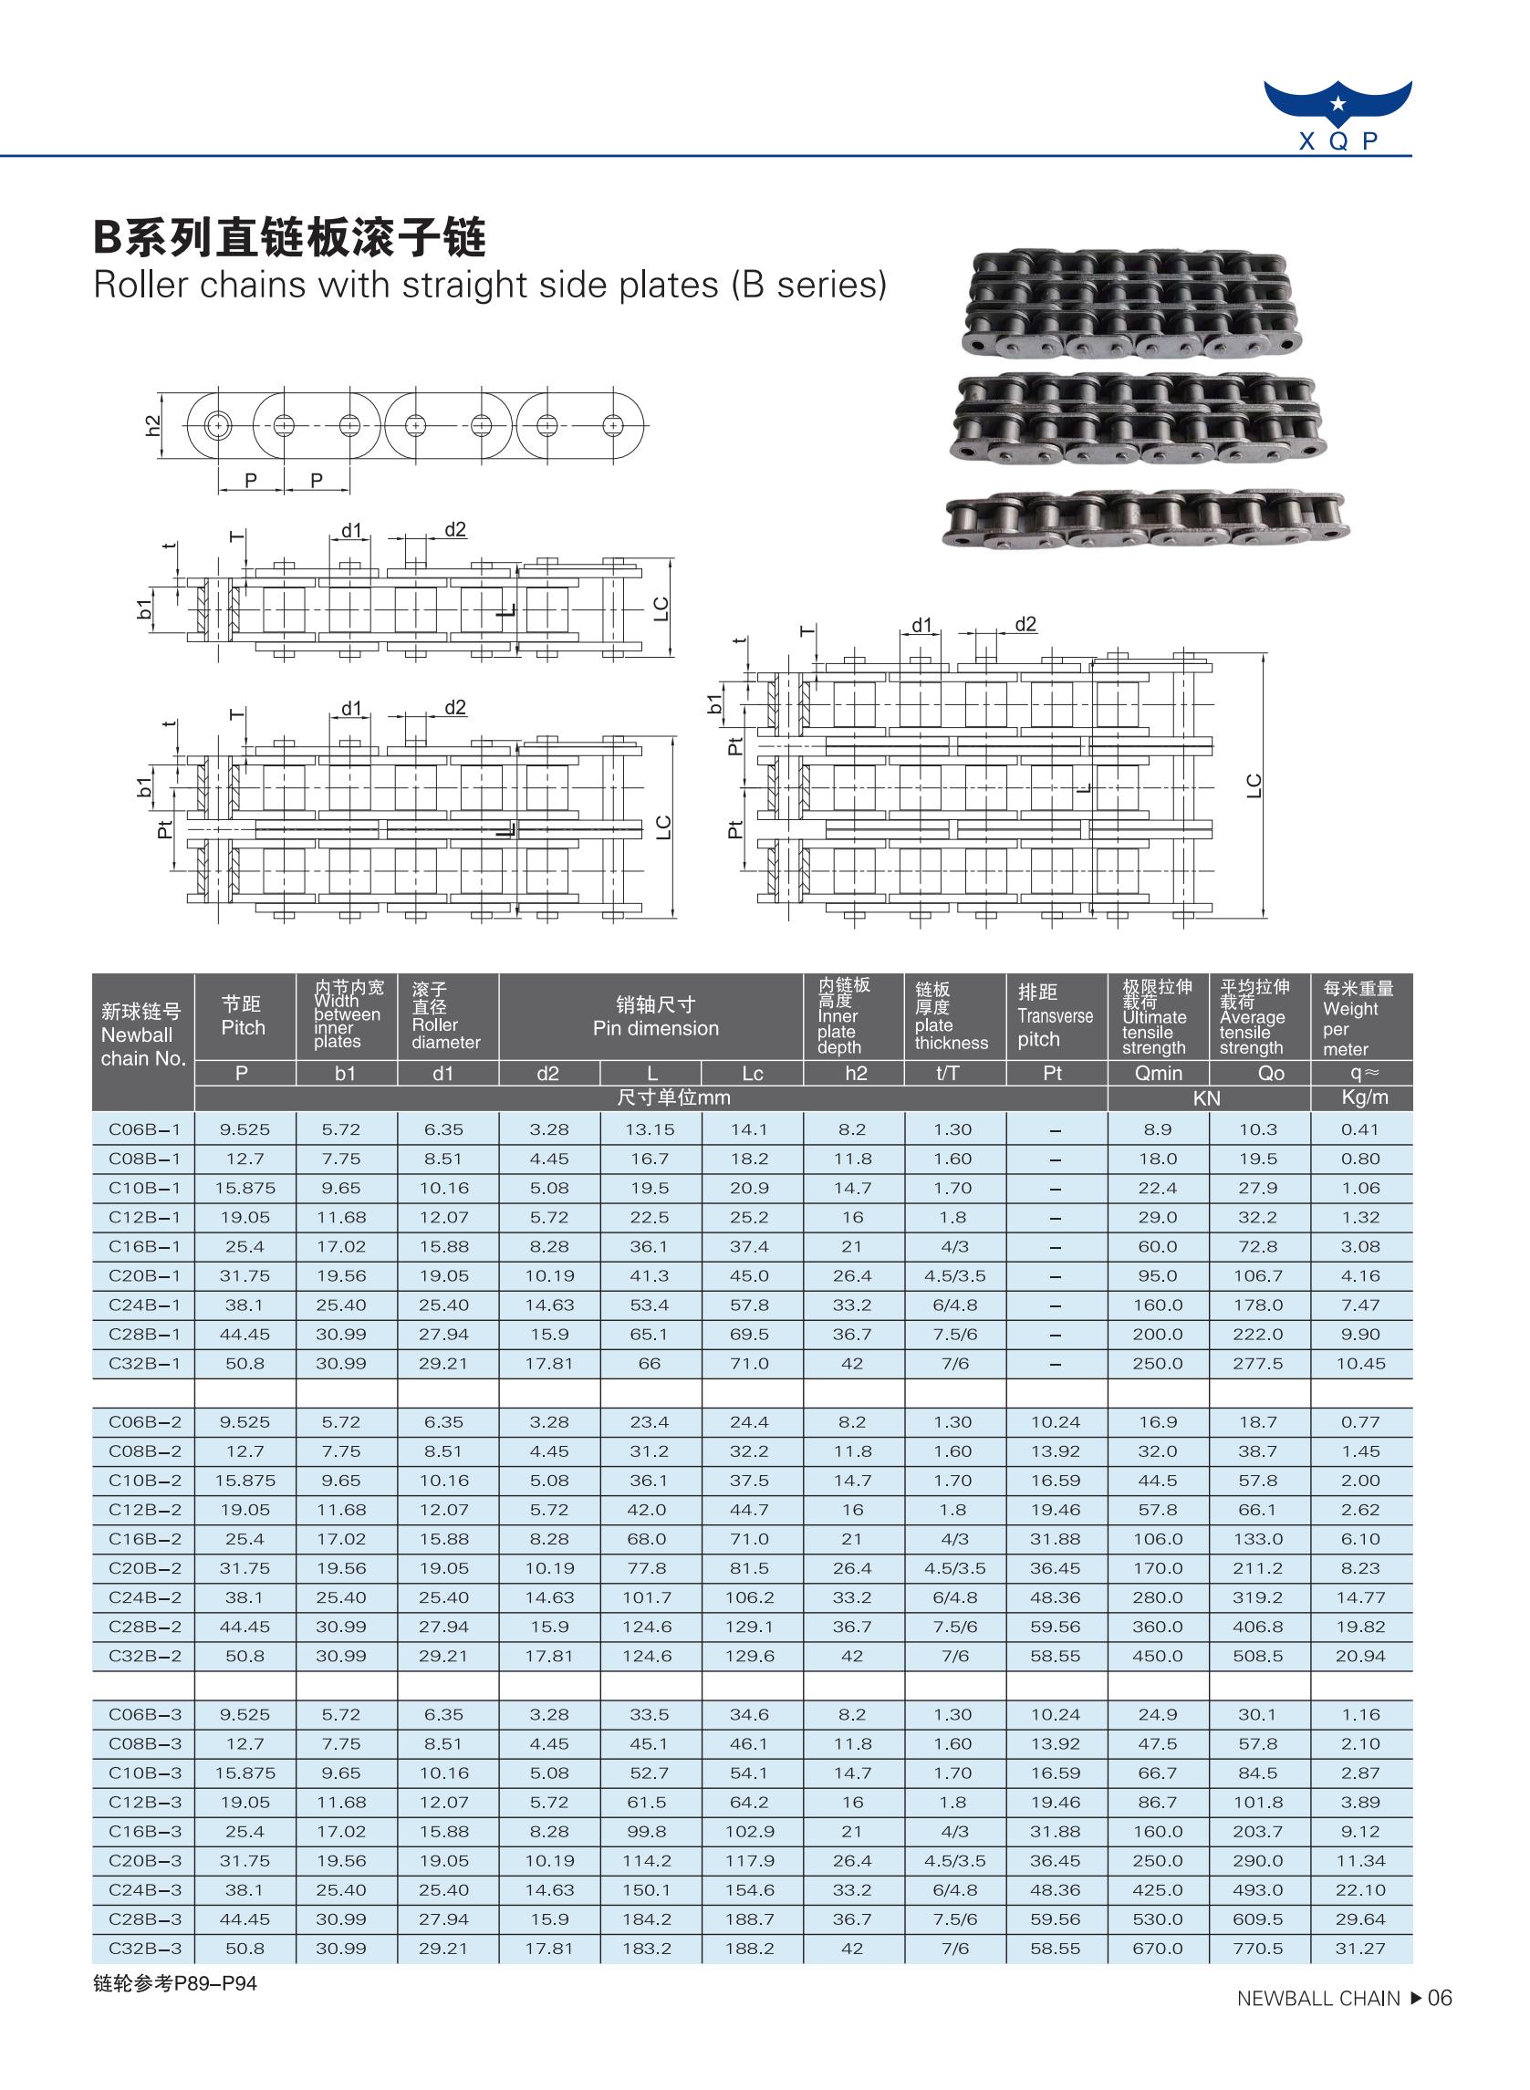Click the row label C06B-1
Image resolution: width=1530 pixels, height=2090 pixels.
click(x=144, y=1129)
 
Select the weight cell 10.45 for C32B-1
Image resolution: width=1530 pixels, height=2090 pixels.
click(x=1359, y=1364)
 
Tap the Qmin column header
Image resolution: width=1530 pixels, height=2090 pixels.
click(x=1158, y=1073)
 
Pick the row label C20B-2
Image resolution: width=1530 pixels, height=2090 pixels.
click(x=144, y=1569)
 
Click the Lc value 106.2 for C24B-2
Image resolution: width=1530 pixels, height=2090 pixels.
click(x=750, y=1597)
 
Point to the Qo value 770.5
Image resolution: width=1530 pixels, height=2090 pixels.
click(x=1258, y=1949)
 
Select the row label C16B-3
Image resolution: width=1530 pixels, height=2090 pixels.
click(x=144, y=1832)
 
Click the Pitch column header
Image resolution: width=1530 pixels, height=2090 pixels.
click(x=243, y=1016)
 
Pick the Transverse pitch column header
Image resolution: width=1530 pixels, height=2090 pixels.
click(x=1055, y=1016)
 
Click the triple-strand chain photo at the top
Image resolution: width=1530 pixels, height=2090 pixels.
click(x=1130, y=301)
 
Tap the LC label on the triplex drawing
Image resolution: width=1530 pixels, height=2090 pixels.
click(x=1253, y=785)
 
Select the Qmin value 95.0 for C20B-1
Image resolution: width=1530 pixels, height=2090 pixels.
click(x=1158, y=1276)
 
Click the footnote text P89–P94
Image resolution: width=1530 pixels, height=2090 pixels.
click(x=175, y=1983)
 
